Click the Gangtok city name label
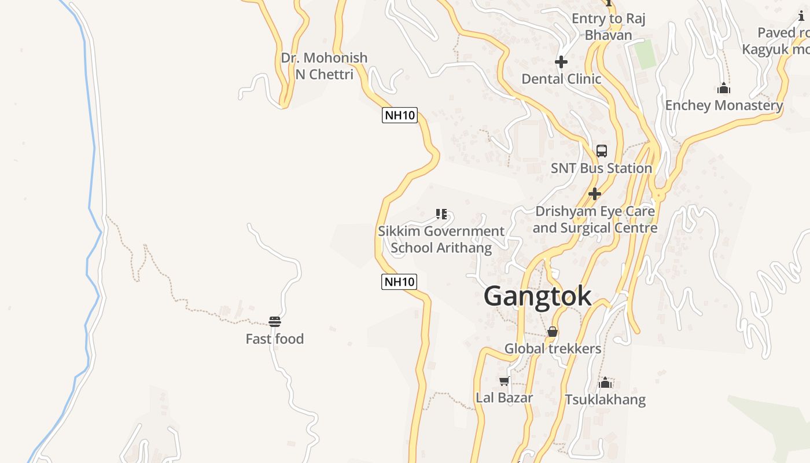click(x=537, y=296)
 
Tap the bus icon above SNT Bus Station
click(x=602, y=151)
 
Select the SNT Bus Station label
click(x=601, y=168)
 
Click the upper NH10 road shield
click(x=400, y=115)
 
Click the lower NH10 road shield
click(x=399, y=282)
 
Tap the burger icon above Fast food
click(x=275, y=322)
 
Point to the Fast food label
click(x=275, y=339)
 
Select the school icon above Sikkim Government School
click(x=441, y=215)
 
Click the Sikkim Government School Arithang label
click(x=441, y=240)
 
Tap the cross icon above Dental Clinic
click(x=561, y=62)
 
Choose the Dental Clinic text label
click(x=561, y=79)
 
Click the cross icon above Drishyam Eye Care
click(x=594, y=194)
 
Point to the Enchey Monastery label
click(x=724, y=105)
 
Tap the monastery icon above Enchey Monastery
click(x=723, y=89)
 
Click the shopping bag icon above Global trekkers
click(x=553, y=332)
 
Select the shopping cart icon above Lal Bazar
click(x=504, y=381)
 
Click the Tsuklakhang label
click(x=605, y=399)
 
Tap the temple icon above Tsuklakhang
click(x=605, y=383)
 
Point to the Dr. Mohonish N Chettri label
click(x=324, y=66)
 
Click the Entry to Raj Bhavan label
click(x=608, y=27)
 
